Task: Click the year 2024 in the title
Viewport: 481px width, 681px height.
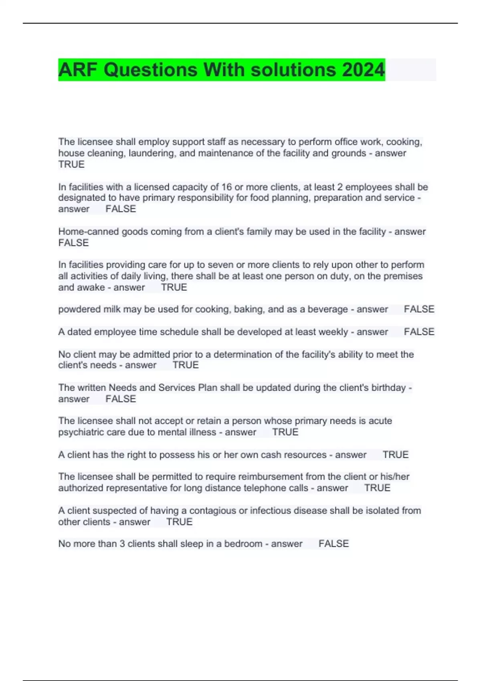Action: pyautogui.click(x=363, y=70)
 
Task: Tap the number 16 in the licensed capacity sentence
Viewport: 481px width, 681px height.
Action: pyautogui.click(x=226, y=187)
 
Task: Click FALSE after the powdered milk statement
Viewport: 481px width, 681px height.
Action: pyautogui.click(x=419, y=309)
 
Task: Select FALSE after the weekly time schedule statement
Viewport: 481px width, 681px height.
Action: pyautogui.click(x=419, y=332)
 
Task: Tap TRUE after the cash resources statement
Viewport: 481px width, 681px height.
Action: pyautogui.click(x=395, y=455)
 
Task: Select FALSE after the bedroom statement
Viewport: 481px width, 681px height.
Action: pyautogui.click(x=333, y=544)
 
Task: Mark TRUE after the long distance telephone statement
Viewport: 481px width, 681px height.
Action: pyautogui.click(x=377, y=488)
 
